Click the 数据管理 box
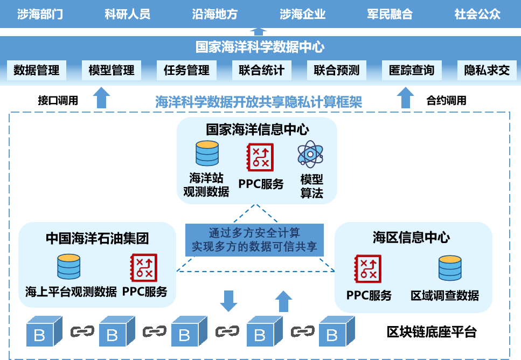(x=37, y=71)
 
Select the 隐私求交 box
(x=487, y=71)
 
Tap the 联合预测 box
(x=337, y=71)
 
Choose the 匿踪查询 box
(x=412, y=71)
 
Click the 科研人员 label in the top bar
(x=127, y=14)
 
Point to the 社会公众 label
(x=477, y=14)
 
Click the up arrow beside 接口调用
(x=101, y=99)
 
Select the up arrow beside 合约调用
(x=406, y=99)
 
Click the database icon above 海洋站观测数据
(x=207, y=153)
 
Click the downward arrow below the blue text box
(x=229, y=301)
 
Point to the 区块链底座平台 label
(x=432, y=331)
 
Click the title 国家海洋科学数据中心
(x=260, y=47)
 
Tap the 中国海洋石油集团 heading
(x=97, y=238)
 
